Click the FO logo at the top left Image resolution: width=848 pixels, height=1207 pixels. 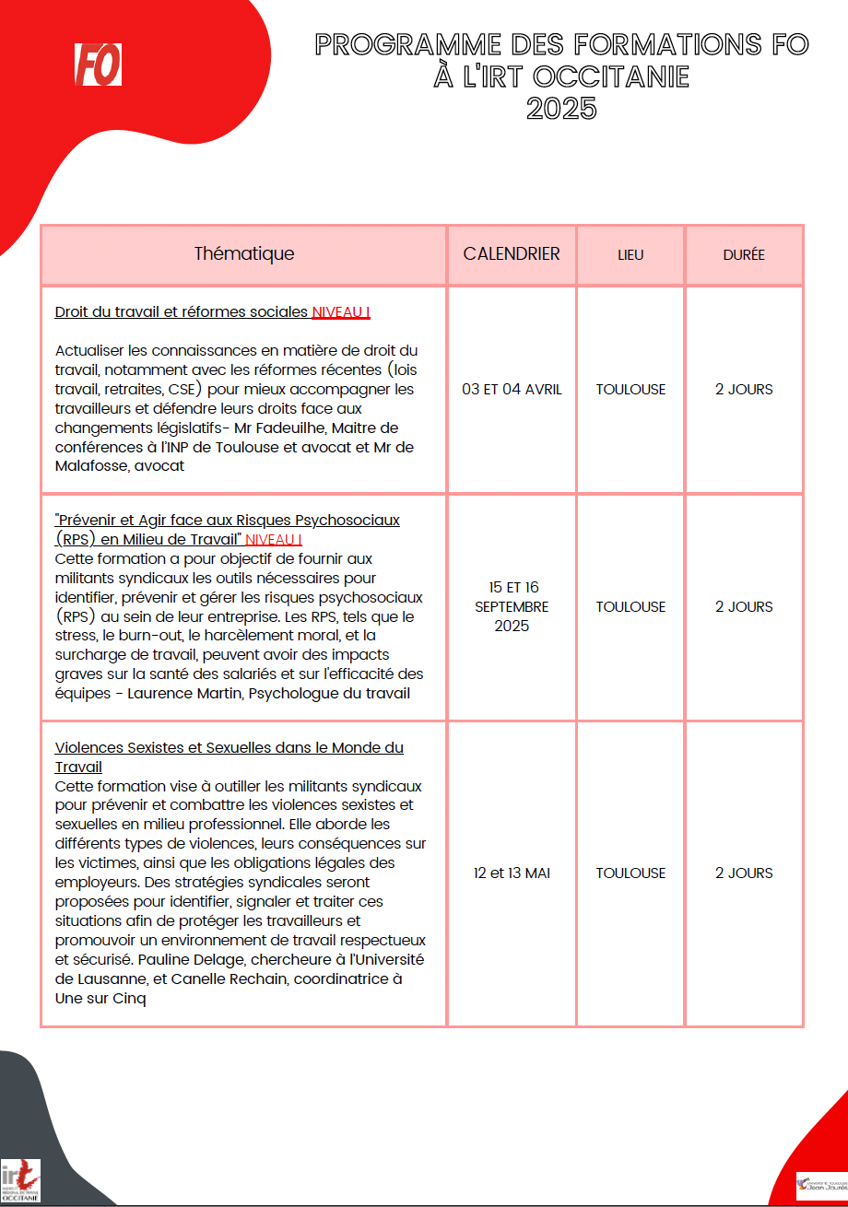coord(98,64)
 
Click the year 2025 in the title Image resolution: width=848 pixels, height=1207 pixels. coord(561,109)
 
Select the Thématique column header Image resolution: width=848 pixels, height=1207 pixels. coord(244,254)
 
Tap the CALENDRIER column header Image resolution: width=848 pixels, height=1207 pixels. coord(512,254)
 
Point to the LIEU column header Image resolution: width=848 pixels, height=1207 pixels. coord(630,255)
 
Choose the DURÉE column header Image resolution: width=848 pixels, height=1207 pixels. coord(744,255)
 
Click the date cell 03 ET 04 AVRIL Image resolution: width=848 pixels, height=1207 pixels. coord(512,389)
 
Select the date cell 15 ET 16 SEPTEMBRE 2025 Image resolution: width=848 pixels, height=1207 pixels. coord(512,606)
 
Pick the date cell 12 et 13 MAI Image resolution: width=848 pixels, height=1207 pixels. coord(512,873)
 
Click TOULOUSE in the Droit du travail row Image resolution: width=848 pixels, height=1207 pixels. coord(630,389)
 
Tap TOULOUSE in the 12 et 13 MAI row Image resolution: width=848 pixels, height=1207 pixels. coord(630,873)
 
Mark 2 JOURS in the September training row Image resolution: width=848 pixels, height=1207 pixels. coord(744,606)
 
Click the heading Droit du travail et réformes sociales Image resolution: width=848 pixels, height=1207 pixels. coord(182,312)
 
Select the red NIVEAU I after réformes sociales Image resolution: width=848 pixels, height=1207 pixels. coord(341,312)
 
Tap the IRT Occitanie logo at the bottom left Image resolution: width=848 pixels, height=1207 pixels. coord(21,1180)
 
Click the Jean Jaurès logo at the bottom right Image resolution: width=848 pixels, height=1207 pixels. coord(820,1185)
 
